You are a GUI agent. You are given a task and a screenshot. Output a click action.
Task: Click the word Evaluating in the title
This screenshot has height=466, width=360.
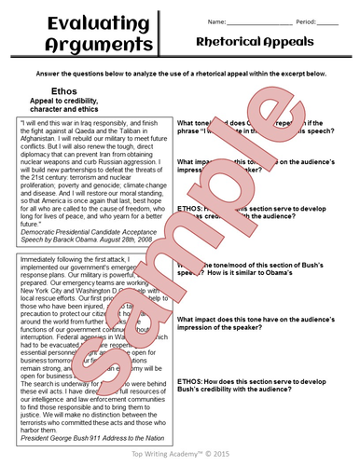click(x=65, y=21)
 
